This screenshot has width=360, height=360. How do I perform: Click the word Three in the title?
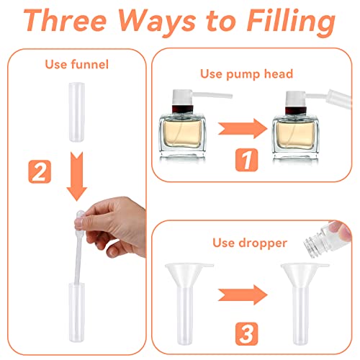click(65, 20)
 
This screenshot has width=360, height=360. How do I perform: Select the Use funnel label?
click(77, 65)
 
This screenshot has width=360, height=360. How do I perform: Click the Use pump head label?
click(247, 74)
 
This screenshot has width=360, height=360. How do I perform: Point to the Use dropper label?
click(250, 243)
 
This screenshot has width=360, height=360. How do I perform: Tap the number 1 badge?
click(246, 160)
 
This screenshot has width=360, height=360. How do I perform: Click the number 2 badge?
click(40, 172)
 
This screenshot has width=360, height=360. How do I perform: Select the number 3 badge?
click(246, 334)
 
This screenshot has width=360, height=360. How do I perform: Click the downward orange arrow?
click(77, 176)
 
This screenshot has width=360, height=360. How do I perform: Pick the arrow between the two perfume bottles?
click(243, 129)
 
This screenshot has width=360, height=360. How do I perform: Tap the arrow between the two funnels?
click(243, 295)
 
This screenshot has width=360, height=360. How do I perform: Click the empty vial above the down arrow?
click(77, 112)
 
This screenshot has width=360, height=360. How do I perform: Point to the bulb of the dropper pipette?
click(79, 216)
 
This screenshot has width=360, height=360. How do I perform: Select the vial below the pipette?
click(77, 312)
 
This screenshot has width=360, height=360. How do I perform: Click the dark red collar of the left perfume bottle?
click(183, 109)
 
